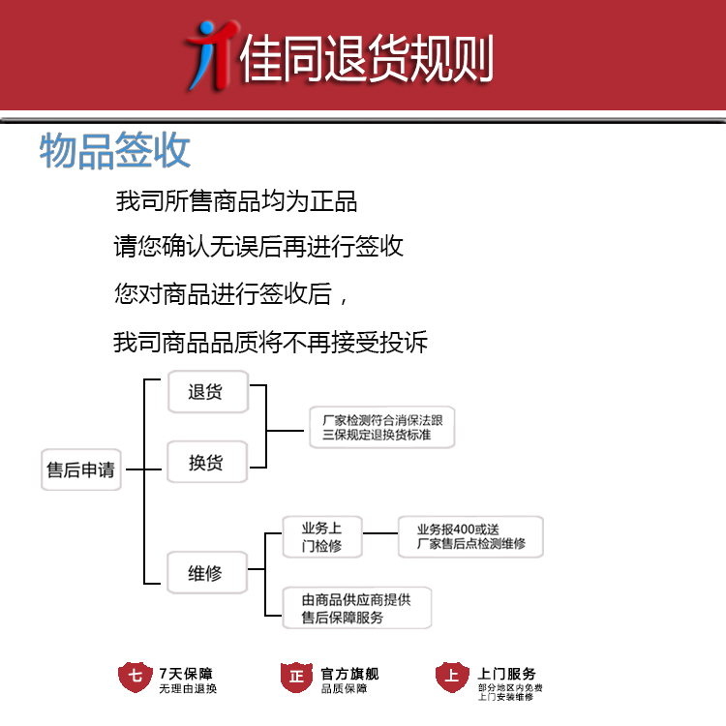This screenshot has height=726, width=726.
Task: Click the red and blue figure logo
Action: click(x=212, y=55)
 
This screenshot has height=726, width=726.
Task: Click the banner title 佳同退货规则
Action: click(x=366, y=59)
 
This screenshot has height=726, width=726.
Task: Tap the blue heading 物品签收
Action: click(x=115, y=150)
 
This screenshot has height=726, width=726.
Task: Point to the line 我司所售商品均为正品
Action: click(x=236, y=201)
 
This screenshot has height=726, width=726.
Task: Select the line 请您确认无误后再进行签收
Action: click(x=258, y=246)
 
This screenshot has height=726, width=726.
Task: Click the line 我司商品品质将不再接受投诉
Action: click(x=270, y=343)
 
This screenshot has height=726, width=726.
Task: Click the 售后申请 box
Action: click(x=81, y=469)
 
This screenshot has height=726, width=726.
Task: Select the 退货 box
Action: click(x=208, y=392)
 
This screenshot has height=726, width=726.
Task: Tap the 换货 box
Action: click(x=207, y=462)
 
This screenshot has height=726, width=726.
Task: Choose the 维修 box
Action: click(x=207, y=573)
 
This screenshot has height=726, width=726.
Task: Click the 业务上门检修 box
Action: click(x=322, y=537)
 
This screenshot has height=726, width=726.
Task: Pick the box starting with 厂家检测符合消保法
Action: click(x=382, y=427)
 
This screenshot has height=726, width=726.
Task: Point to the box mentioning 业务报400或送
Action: click(x=470, y=537)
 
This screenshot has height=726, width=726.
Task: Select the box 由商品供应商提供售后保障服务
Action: click(x=357, y=608)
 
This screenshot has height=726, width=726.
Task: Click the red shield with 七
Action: click(x=135, y=677)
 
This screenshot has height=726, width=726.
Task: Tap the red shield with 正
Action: click(x=296, y=678)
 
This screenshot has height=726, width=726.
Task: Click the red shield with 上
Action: click(x=452, y=677)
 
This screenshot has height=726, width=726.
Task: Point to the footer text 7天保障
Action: click(x=186, y=674)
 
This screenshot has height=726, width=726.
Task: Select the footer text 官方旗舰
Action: click(x=350, y=674)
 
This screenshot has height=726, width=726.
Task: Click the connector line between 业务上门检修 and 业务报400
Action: click(x=380, y=533)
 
